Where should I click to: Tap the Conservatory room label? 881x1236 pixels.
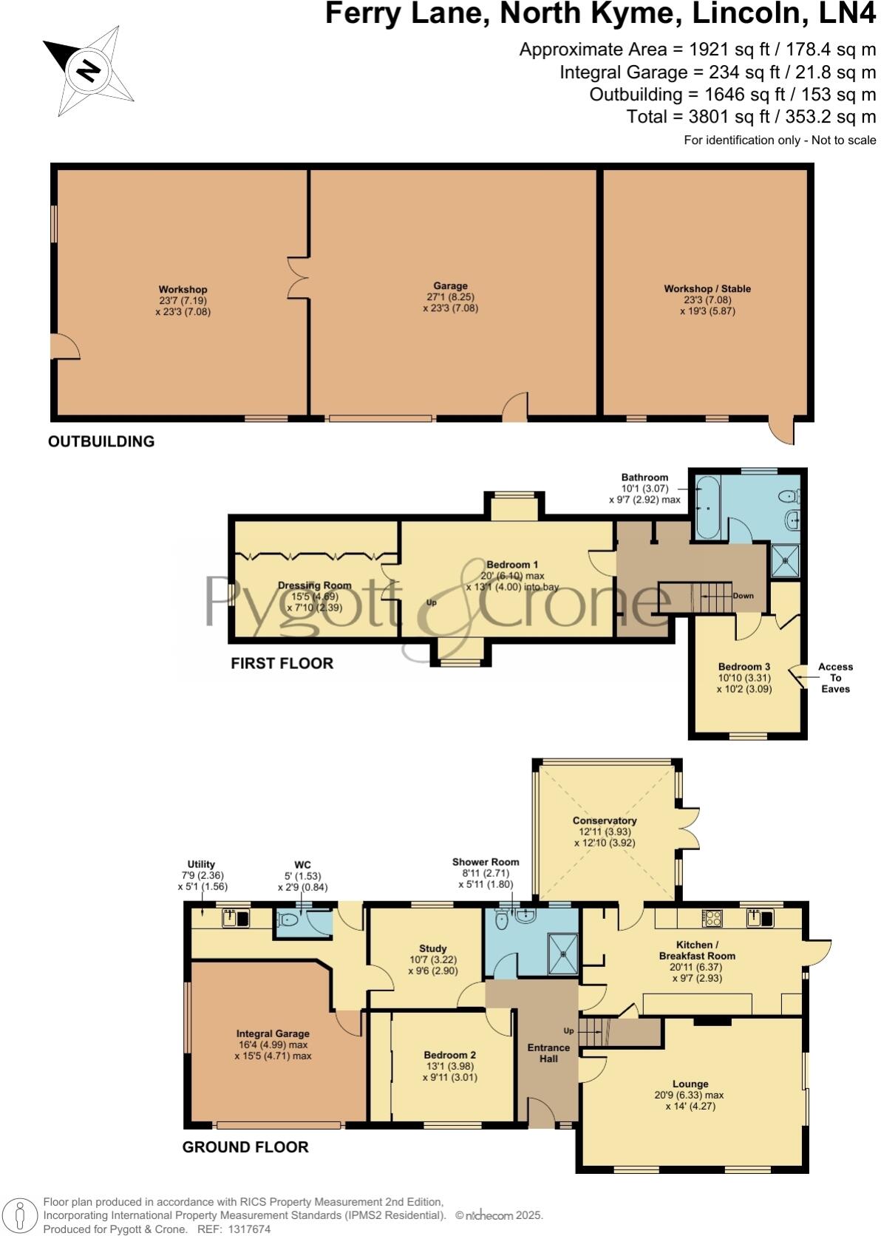pos(604,821)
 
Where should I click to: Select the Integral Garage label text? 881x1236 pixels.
pos(273,1033)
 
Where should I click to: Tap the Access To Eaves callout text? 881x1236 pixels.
pos(835,677)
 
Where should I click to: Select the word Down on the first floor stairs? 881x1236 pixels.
pos(743,595)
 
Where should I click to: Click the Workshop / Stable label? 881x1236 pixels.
pos(707,289)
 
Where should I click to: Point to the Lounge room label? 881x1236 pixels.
pos(690,1084)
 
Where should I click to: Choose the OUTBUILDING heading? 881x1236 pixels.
pos(101,441)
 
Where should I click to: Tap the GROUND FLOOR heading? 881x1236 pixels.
pos(245,1147)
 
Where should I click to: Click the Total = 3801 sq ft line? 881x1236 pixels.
pos(751,117)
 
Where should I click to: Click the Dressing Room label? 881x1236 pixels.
pos(314,585)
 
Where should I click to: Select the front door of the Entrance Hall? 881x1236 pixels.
pos(542,1113)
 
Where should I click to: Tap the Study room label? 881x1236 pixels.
pos(432,948)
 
